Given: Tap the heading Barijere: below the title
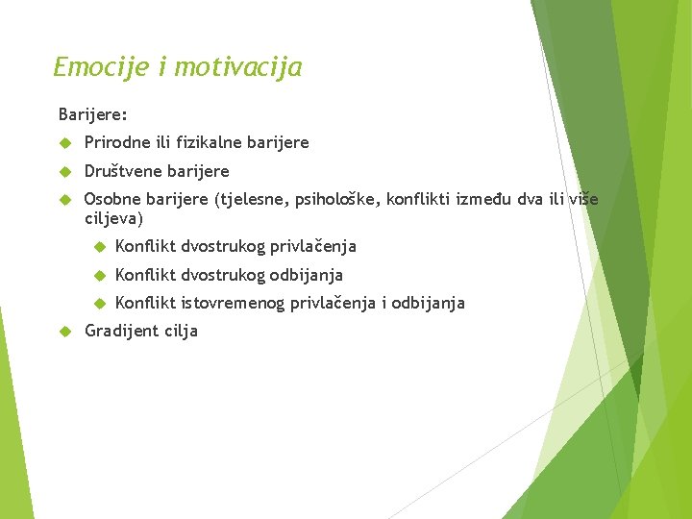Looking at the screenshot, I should [93, 114].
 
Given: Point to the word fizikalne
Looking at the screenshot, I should [209, 142].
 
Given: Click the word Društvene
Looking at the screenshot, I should [122, 171].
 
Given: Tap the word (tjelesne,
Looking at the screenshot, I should [253, 200].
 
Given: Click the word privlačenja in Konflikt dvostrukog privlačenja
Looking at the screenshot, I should [313, 246].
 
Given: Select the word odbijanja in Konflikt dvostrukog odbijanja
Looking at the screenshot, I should [307, 275].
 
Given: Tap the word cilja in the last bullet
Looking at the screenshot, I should [181, 331].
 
